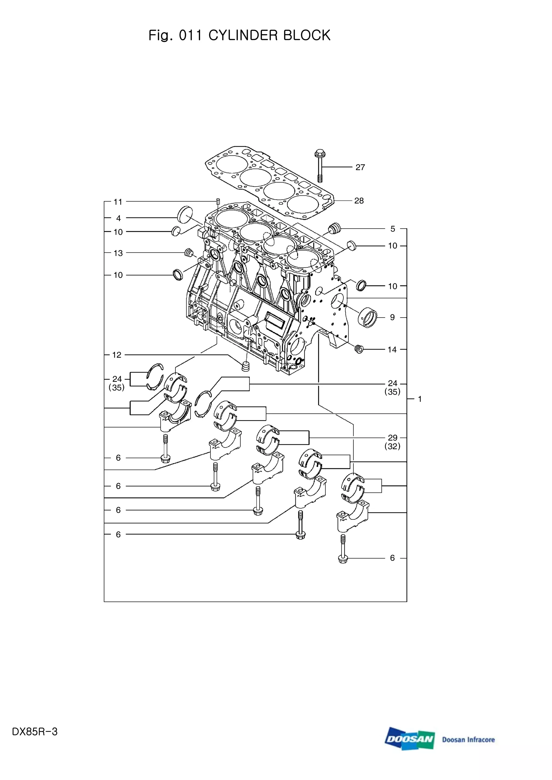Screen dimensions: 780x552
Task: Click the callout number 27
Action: (360, 167)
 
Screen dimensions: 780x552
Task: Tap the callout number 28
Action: (359, 201)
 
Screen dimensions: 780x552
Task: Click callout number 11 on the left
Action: (118, 202)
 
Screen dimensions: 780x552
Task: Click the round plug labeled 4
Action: (185, 214)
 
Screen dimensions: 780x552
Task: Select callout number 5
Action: (392, 229)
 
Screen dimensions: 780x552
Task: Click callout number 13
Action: (118, 253)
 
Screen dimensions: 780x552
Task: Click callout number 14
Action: (392, 350)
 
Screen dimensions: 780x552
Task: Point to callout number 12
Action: (117, 355)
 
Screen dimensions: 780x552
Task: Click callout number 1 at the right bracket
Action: (420, 399)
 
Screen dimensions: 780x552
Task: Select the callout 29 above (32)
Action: (392, 438)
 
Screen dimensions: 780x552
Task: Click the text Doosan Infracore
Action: (468, 740)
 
